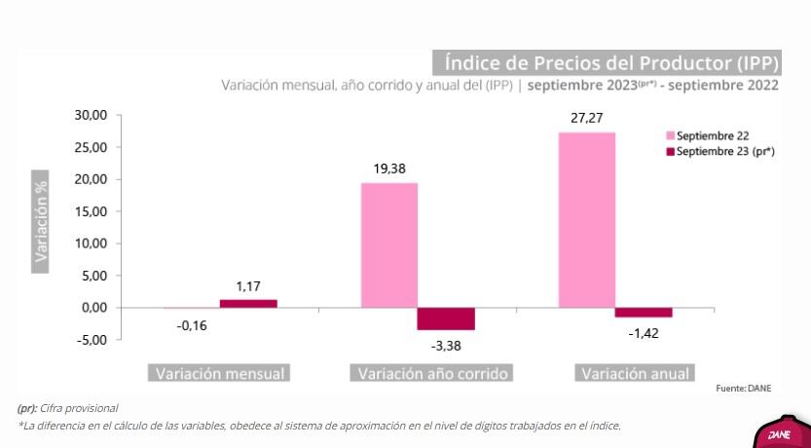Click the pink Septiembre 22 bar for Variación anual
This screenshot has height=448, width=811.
(x=586, y=219)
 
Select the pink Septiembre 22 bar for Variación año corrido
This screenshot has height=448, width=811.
(x=389, y=244)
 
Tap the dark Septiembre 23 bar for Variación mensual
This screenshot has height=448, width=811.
(x=248, y=303)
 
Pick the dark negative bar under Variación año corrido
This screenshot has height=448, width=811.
(x=446, y=318)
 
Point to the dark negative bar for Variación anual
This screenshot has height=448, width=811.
(x=644, y=312)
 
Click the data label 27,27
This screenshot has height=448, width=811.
(x=586, y=119)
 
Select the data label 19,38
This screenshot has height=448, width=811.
(x=389, y=168)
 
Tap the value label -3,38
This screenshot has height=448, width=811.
(x=446, y=343)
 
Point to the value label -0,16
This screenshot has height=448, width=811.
(x=192, y=324)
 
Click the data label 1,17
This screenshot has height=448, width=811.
(x=249, y=286)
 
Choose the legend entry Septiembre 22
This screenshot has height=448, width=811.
(x=712, y=136)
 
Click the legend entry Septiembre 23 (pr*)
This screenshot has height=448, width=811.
(x=724, y=151)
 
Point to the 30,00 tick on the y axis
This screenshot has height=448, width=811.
(x=92, y=115)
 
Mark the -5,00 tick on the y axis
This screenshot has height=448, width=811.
(x=92, y=340)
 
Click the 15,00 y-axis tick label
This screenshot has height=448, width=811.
(x=92, y=211)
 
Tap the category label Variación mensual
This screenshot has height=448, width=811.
(x=220, y=374)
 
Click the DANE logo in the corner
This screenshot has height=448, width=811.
(x=780, y=434)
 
